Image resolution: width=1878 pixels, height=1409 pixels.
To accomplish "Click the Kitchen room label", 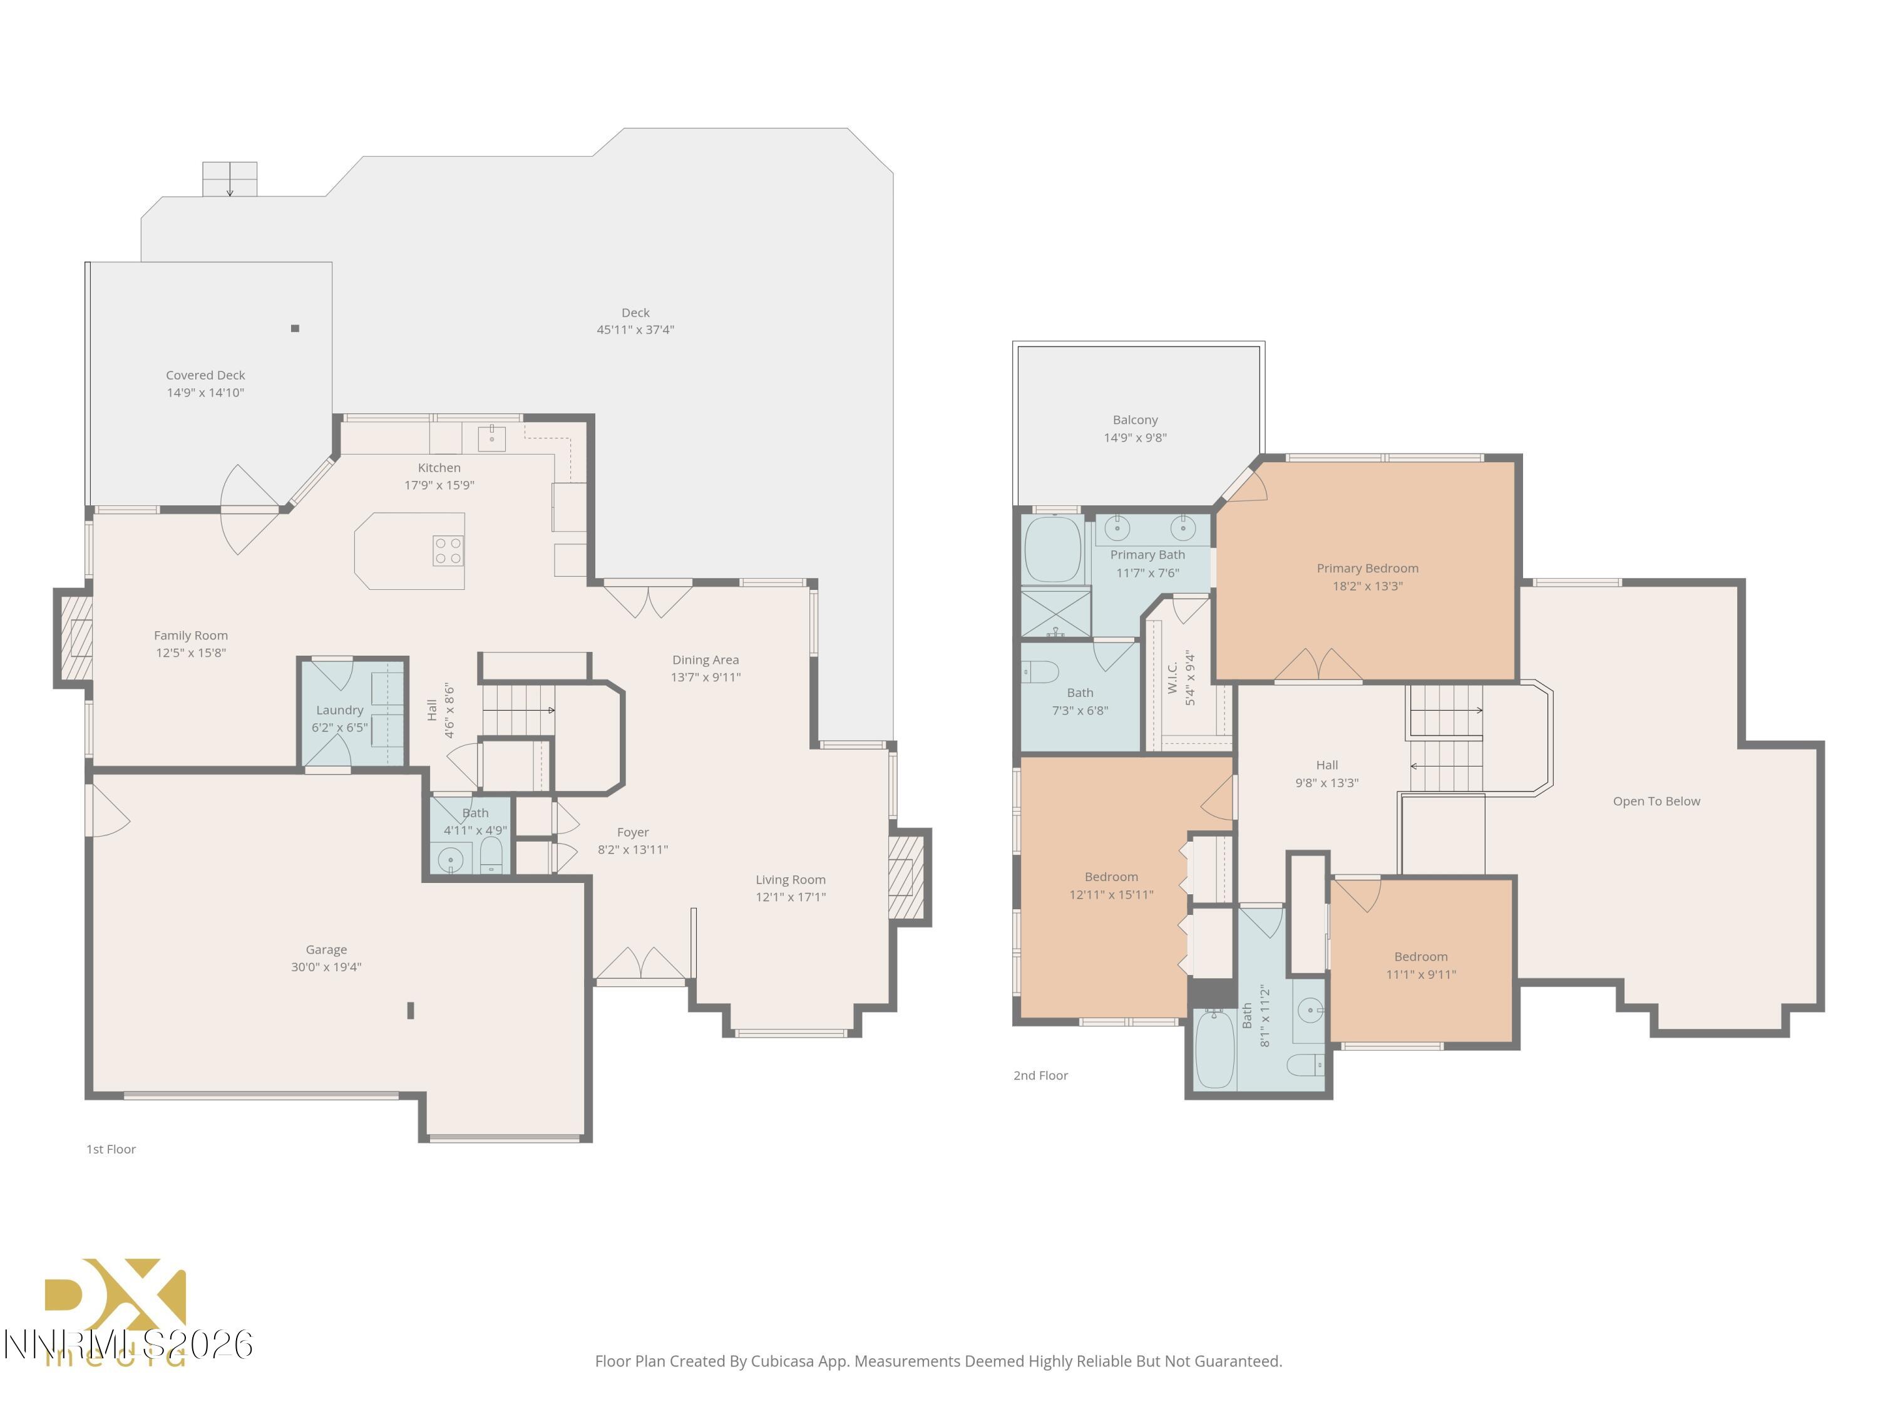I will (x=439, y=468).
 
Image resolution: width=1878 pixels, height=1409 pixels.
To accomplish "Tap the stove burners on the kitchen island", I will (x=448, y=550).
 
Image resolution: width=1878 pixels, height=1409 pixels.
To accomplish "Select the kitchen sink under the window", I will (x=491, y=438).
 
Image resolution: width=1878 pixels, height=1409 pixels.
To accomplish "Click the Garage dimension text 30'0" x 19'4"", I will (x=326, y=966).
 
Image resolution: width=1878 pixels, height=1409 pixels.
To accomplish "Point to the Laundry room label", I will (x=339, y=710).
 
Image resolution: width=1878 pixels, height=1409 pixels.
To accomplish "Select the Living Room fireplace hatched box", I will (x=905, y=877).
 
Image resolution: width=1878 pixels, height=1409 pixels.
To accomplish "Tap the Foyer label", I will (x=632, y=832).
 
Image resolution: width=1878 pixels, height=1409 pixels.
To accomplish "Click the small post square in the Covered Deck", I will (x=295, y=329).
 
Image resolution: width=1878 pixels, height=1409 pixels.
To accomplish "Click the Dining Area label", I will (x=705, y=660).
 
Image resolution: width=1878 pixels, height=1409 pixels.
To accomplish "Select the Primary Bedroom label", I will (x=1367, y=568).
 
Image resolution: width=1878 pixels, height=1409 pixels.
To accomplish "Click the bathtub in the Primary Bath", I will (x=1053, y=549).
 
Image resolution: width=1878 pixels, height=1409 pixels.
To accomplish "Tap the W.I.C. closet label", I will (x=1172, y=678).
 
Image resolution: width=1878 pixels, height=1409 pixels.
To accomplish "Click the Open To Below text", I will (x=1656, y=801).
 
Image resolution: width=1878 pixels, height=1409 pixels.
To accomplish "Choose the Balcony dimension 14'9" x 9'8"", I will (x=1135, y=437).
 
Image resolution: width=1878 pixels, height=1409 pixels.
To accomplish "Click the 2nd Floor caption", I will (x=1040, y=1075).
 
